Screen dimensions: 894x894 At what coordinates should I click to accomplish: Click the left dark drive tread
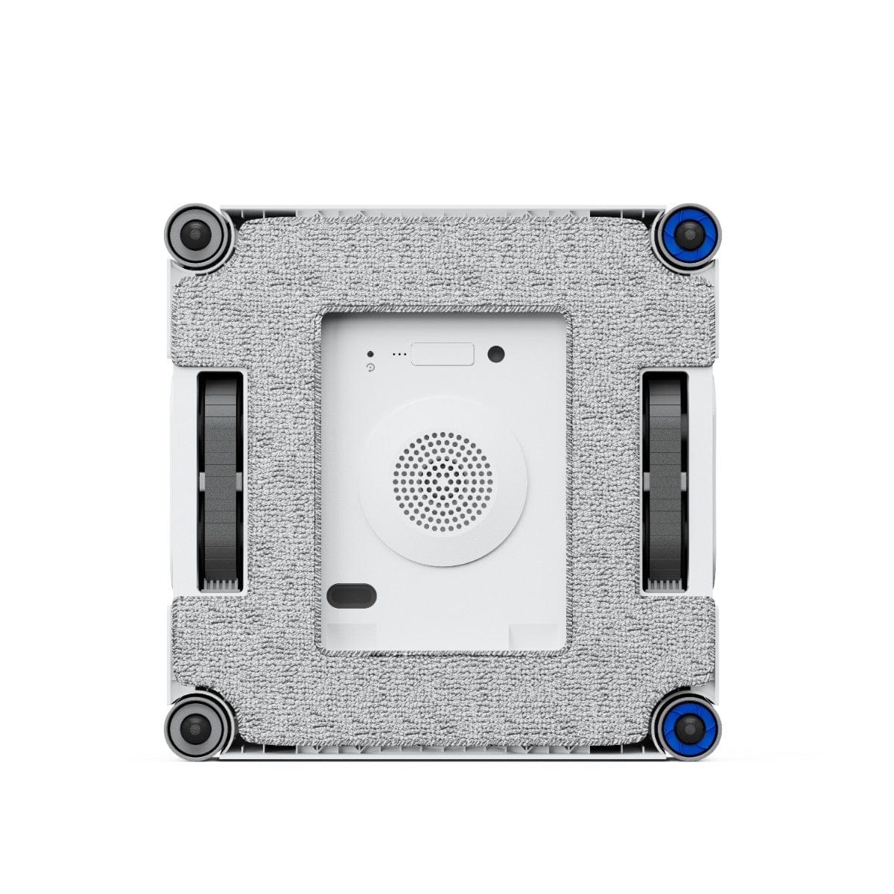(x=220, y=482)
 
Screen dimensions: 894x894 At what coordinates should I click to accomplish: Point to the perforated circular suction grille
(x=443, y=480)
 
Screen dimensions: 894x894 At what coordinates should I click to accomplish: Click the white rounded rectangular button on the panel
(x=443, y=354)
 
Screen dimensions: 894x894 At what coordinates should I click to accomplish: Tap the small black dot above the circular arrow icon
(x=371, y=354)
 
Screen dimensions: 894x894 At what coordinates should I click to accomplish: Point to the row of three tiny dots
(x=399, y=355)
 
